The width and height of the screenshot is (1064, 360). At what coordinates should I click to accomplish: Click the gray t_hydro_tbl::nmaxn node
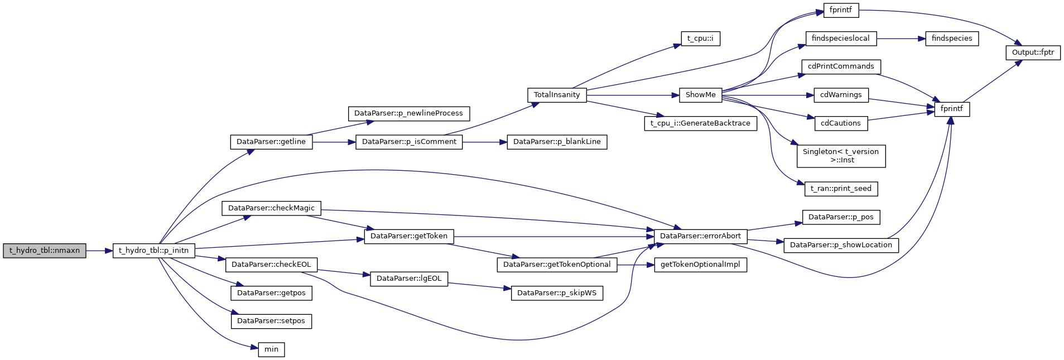pos(45,251)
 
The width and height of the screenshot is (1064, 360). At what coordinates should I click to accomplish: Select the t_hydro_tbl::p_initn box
pos(154,251)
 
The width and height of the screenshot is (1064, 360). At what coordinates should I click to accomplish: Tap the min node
pos(271,349)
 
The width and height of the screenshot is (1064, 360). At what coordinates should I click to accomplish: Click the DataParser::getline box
pos(271,142)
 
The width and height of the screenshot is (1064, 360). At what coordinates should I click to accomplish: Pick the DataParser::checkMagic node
pos(271,208)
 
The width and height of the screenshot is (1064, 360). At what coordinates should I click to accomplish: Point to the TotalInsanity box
pos(557,95)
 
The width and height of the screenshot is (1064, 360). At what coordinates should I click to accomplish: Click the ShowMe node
pos(700,95)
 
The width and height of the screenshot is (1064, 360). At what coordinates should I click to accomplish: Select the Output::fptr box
pos(1033,52)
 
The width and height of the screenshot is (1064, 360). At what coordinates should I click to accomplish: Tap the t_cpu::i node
pos(700,39)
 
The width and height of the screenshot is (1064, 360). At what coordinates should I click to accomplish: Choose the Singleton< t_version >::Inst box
pos(841,156)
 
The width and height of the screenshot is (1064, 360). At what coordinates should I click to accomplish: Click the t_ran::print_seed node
pos(841,189)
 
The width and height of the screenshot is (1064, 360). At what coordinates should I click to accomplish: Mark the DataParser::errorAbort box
pos(700,236)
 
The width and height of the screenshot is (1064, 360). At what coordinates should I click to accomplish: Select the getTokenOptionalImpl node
pos(700,265)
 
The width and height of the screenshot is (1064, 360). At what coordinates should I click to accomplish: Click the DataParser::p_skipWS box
pos(557,293)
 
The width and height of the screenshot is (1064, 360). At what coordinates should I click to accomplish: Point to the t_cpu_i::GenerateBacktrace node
pos(700,123)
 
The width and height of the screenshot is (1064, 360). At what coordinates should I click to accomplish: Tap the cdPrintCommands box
pos(841,66)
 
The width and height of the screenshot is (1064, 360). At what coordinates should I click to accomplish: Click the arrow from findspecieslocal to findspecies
pos(901,39)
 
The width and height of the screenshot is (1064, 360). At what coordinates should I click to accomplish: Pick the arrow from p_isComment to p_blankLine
pos(484,142)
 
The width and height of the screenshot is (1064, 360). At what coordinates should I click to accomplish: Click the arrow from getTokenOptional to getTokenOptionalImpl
pos(635,265)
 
